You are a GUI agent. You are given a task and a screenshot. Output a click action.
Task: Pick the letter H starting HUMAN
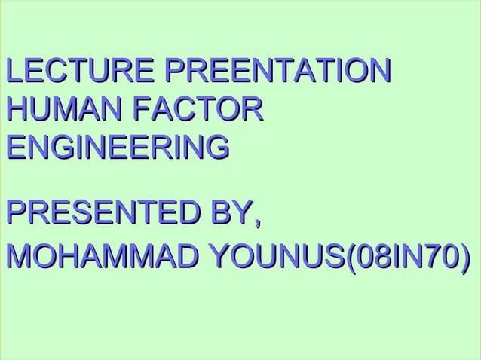[x=15, y=108]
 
